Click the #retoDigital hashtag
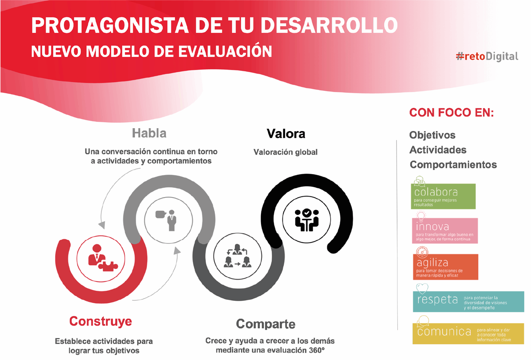pos(487,57)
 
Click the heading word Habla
pos(149,133)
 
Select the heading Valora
pos(286,134)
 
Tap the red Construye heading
pos(100,321)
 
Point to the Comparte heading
pos(266,324)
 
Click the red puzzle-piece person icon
pos(102,258)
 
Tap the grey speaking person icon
pos(166,220)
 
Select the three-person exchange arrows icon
pos(238,256)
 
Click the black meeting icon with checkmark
pos(307,220)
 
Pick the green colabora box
pos(443,196)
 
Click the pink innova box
pos(445,231)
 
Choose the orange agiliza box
pos(446,267)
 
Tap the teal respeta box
pos(468,302)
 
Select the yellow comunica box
pos(468,333)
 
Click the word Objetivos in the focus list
pos(432,135)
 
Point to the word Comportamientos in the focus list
pos(453,165)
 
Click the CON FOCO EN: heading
pos(451,112)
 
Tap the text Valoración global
pos(285,152)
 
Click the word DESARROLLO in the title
pos(329,25)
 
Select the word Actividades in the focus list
pos(438,150)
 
